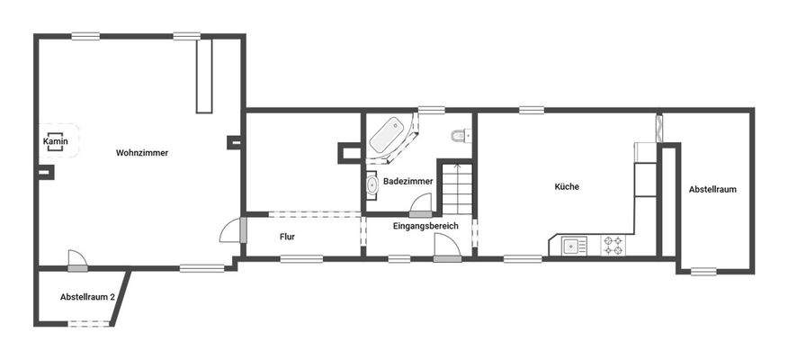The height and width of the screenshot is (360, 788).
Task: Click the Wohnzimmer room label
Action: click(x=141, y=153)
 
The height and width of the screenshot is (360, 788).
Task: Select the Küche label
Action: click(x=567, y=187)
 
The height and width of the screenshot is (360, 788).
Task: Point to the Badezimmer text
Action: click(x=407, y=182)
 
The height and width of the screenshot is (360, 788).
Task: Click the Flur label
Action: click(x=287, y=237)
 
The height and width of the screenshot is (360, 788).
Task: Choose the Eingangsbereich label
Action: click(x=425, y=226)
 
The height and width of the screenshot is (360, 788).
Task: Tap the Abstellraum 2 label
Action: click(x=87, y=297)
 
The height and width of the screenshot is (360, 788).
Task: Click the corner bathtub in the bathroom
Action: click(x=389, y=137)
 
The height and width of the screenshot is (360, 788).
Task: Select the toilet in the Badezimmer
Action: click(x=460, y=136)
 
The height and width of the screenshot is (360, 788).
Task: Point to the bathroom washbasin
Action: click(x=372, y=184)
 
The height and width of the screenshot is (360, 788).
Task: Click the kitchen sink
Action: click(x=573, y=244)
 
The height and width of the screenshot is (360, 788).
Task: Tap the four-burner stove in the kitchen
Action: click(x=613, y=245)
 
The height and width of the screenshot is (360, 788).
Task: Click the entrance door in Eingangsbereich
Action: click(x=446, y=247)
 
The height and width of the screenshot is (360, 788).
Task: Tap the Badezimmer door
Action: click(x=419, y=203)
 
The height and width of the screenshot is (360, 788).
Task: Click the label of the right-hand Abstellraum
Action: click(x=712, y=190)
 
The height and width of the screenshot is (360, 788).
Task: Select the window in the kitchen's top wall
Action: click(x=531, y=111)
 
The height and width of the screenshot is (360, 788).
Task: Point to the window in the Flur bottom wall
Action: click(x=301, y=259)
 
